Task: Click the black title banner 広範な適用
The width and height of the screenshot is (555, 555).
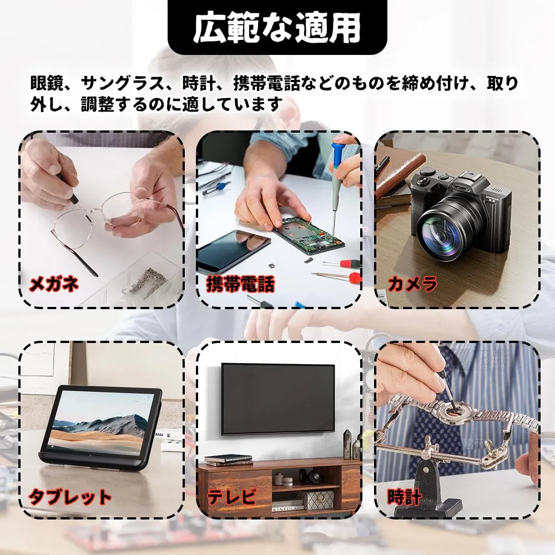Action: coord(277,27)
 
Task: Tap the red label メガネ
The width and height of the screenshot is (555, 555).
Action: coord(54,284)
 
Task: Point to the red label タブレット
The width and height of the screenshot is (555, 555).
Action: coord(70,497)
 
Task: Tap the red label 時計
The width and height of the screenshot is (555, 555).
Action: coord(404,497)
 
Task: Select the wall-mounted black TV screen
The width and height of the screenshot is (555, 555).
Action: coord(278,399)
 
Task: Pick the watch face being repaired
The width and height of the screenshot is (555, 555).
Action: coord(453,412)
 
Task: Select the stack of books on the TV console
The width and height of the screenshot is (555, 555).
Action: coord(228,460)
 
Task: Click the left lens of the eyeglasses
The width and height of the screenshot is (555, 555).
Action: coord(73,229)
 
